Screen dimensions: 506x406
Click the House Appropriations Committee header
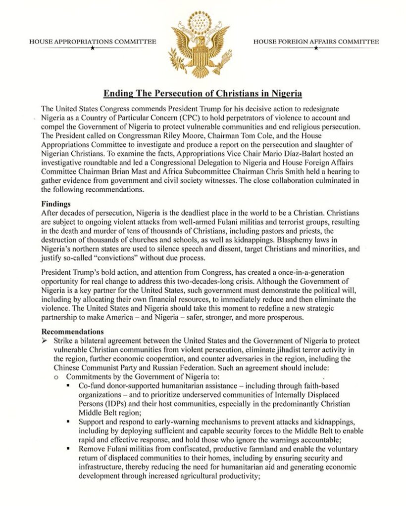click(x=92, y=42)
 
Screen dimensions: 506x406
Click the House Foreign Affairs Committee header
click(x=316, y=42)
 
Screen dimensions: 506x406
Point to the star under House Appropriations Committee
click(x=92, y=48)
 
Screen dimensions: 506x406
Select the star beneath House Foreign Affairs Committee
click(x=316, y=48)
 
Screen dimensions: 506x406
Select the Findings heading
click(x=55, y=203)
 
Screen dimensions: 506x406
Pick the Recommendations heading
click(x=73, y=331)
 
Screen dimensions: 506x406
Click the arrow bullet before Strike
click(x=45, y=341)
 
